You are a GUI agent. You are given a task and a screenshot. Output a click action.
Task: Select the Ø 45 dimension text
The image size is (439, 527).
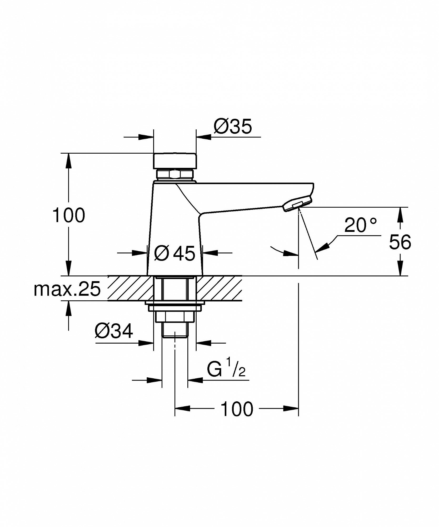(x=174, y=253)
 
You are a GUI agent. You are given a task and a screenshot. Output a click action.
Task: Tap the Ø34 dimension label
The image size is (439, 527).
(x=114, y=331)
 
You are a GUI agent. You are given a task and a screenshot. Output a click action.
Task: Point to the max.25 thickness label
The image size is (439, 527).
(x=67, y=289)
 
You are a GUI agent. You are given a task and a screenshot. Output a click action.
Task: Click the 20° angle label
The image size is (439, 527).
(x=361, y=225)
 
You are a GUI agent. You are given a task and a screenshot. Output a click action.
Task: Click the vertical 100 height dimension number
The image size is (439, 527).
(x=69, y=215)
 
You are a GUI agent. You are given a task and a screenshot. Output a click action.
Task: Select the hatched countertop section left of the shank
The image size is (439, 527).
(x=131, y=288)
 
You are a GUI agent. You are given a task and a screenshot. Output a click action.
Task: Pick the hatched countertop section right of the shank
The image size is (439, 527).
(x=219, y=288)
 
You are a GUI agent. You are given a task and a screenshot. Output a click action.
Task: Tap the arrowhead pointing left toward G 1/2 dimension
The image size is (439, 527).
(x=196, y=380)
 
